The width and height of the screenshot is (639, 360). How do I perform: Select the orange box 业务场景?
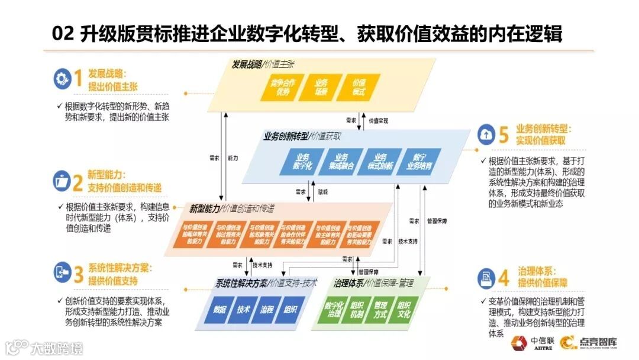click(x=320, y=86)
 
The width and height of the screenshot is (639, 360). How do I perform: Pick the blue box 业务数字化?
click(x=303, y=162)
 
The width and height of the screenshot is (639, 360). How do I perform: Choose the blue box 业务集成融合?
click(x=341, y=162)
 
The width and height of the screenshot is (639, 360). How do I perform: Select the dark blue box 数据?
click(x=218, y=310)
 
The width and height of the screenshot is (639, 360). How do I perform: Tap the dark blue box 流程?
click(x=266, y=310)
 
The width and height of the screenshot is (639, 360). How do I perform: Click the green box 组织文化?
click(x=404, y=310)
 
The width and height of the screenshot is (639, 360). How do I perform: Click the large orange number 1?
click(x=78, y=79)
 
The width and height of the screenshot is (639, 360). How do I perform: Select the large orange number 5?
click(x=504, y=135)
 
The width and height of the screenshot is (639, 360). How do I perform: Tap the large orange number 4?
click(x=504, y=277)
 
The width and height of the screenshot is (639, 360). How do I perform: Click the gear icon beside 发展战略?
click(x=62, y=79)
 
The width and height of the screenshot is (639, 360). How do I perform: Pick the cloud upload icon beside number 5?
click(x=486, y=134)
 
